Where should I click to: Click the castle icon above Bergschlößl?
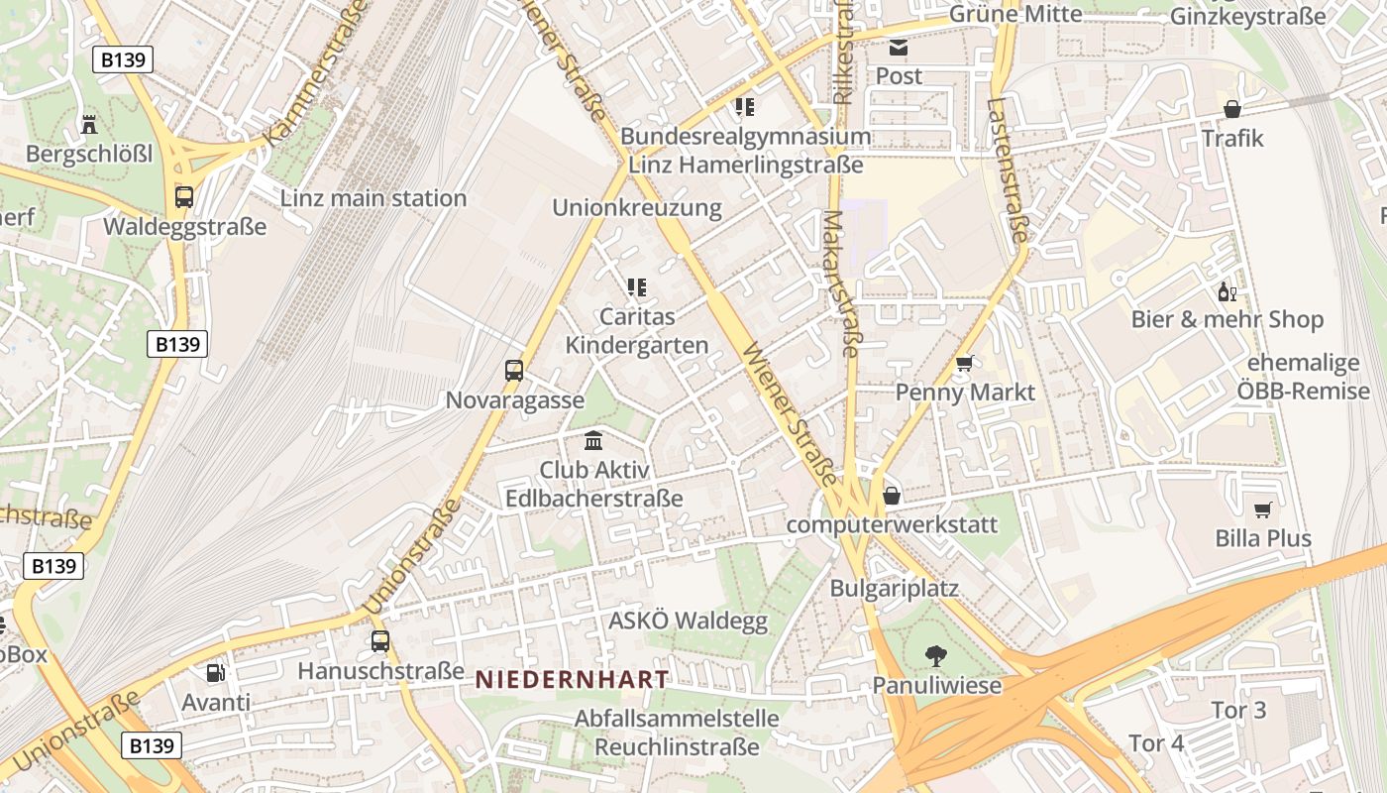pos(89,124)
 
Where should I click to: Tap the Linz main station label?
pos(373,198)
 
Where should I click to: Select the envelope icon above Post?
pos(898,48)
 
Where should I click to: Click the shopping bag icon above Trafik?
pos(1232,109)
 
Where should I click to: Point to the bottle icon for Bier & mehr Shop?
pos(1227,291)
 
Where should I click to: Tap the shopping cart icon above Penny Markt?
pos(964,364)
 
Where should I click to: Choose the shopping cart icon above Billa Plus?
pos(1262,510)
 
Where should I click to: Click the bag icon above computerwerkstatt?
pos(892,496)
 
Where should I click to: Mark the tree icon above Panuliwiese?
pos(935,655)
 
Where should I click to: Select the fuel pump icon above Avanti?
pos(215,673)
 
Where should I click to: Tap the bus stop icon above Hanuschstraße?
pos(380,641)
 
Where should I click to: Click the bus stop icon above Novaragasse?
pos(513,371)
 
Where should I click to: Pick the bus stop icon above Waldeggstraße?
pos(184,196)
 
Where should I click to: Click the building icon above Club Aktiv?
pos(593,440)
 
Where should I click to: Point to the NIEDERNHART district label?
pos(572,679)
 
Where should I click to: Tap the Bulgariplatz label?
pos(894,588)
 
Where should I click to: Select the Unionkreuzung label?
pos(637,208)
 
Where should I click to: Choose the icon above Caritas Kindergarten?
pos(636,287)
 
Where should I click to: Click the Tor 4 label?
pos(1156,742)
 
